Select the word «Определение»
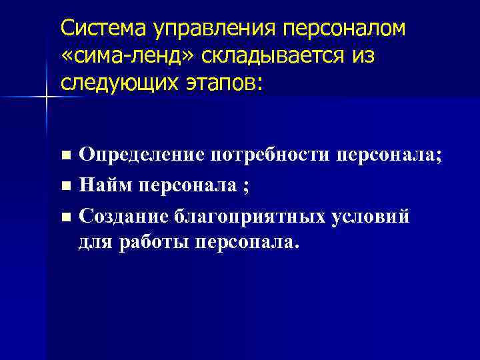click(141, 156)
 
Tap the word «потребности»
click(270, 156)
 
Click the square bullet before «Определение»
click(65, 157)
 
